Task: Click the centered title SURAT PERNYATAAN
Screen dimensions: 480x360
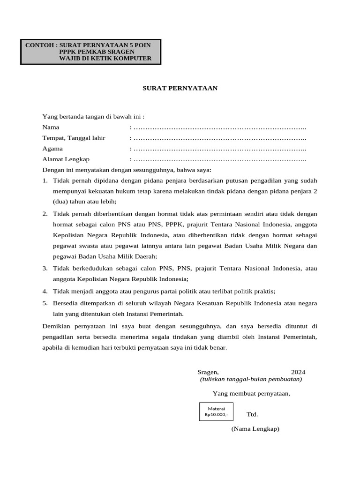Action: (x=180, y=88)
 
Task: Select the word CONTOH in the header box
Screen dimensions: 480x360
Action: (x=39, y=45)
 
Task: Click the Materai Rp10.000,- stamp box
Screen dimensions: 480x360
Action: (x=216, y=412)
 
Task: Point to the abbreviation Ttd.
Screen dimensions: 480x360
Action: (x=252, y=414)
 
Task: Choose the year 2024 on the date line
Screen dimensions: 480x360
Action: (x=298, y=372)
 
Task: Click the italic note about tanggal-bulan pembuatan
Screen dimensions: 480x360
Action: (x=251, y=379)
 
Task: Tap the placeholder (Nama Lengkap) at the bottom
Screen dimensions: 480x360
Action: (x=255, y=429)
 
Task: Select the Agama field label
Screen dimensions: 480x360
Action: (x=52, y=149)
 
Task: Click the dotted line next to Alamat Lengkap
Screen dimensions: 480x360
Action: (x=219, y=159)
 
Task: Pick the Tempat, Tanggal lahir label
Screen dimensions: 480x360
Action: (x=74, y=138)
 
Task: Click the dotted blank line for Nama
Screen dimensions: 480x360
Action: (x=219, y=127)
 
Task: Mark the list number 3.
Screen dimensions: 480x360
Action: (x=45, y=269)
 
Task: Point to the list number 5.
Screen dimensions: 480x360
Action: (x=45, y=303)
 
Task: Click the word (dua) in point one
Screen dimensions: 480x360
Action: (x=60, y=202)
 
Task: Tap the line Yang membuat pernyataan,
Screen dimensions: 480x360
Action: (x=251, y=393)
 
